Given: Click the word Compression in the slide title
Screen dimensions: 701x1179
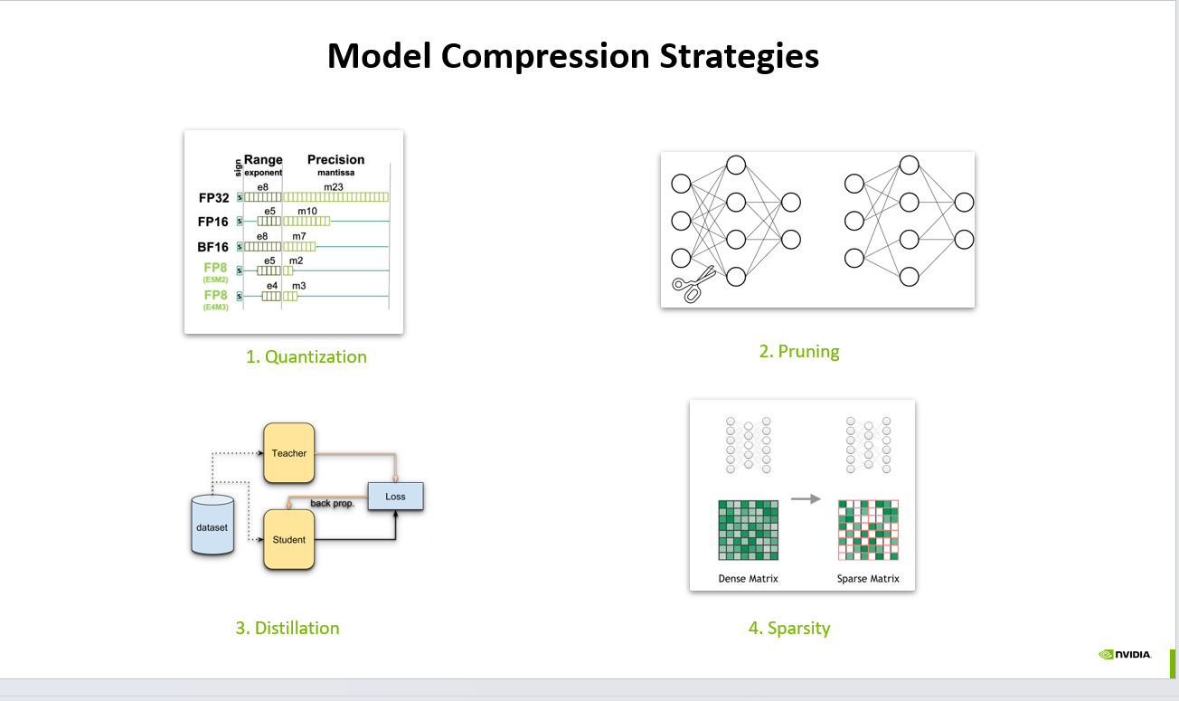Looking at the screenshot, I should point(545,56).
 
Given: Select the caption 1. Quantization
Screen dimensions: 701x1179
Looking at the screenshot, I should point(307,356).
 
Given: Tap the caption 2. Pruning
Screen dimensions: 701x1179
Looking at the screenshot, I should point(799,351).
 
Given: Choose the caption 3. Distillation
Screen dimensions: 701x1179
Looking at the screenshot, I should point(288,628).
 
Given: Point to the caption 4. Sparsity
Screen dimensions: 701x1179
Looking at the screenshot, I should point(789,628).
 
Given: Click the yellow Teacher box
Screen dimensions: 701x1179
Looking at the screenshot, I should point(289,452).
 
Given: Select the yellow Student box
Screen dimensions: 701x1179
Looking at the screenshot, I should point(289,540).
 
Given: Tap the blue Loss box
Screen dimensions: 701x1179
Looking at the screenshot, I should point(395,496).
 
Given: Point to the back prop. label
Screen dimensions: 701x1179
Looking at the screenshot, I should point(332,503).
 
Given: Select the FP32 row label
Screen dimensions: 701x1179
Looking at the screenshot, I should point(214,197).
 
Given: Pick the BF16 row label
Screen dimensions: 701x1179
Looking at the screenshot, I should point(214,246).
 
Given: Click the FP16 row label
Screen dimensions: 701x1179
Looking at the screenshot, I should point(214,222).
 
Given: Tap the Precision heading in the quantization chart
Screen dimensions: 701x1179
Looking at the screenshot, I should point(335,159).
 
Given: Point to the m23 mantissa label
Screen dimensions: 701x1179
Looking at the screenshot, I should point(334,187).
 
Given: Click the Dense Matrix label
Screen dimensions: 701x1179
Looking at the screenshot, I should point(748,578).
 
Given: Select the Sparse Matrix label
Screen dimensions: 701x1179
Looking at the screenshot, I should point(868,578).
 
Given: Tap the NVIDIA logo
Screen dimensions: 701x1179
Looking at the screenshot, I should point(1126,654).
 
